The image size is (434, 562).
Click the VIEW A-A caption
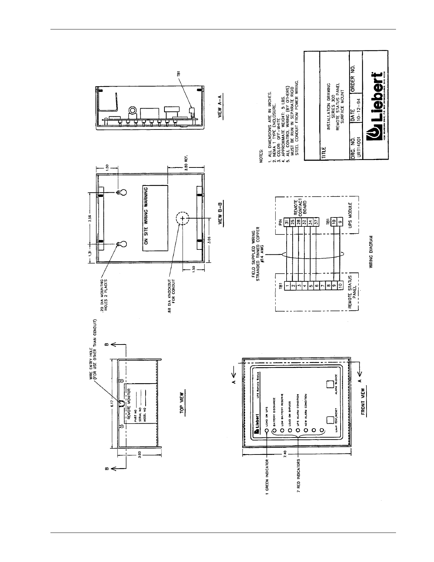[x=221, y=106]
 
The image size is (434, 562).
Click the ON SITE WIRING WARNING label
[x=145, y=216]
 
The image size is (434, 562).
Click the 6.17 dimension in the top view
[x=112, y=402]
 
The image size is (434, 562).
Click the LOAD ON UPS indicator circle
[x=267, y=431]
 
